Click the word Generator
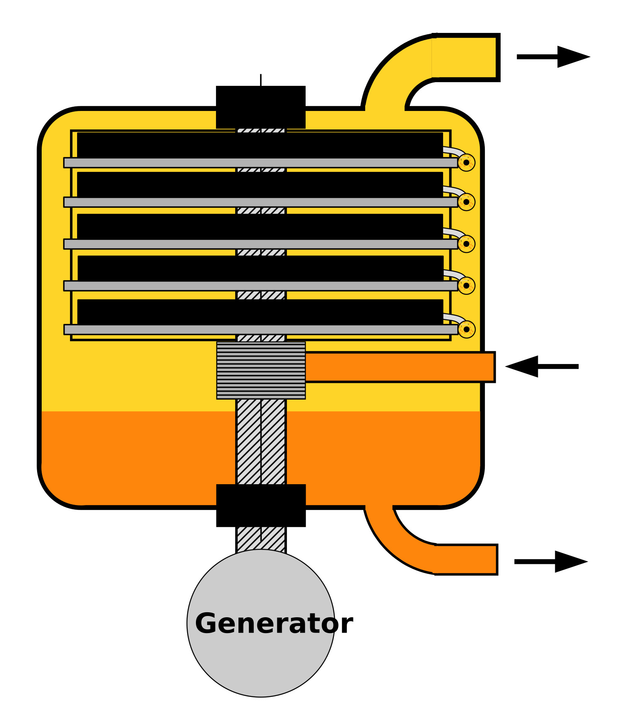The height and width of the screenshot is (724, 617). [274, 624]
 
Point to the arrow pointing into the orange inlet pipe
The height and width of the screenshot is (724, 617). [542, 367]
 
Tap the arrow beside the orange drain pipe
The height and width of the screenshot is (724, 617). [551, 562]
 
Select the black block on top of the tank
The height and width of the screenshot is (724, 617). [261, 107]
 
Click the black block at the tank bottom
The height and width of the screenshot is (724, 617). [261, 505]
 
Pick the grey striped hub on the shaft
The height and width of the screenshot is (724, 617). [261, 370]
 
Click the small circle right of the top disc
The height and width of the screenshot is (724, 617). [467, 163]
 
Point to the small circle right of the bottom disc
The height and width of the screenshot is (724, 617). [467, 329]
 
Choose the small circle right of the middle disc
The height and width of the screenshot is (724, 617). [467, 244]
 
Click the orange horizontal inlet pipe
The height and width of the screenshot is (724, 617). [400, 367]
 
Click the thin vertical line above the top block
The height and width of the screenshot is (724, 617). [261, 80]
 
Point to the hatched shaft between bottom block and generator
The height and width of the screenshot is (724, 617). [261, 539]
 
